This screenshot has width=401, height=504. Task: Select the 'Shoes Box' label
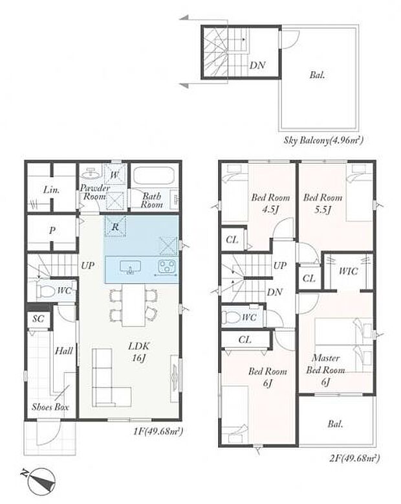point(50,407)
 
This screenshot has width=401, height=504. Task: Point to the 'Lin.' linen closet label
point(51,191)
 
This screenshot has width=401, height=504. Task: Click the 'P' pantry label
point(52,231)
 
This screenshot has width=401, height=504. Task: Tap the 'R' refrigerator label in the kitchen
point(115,227)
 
